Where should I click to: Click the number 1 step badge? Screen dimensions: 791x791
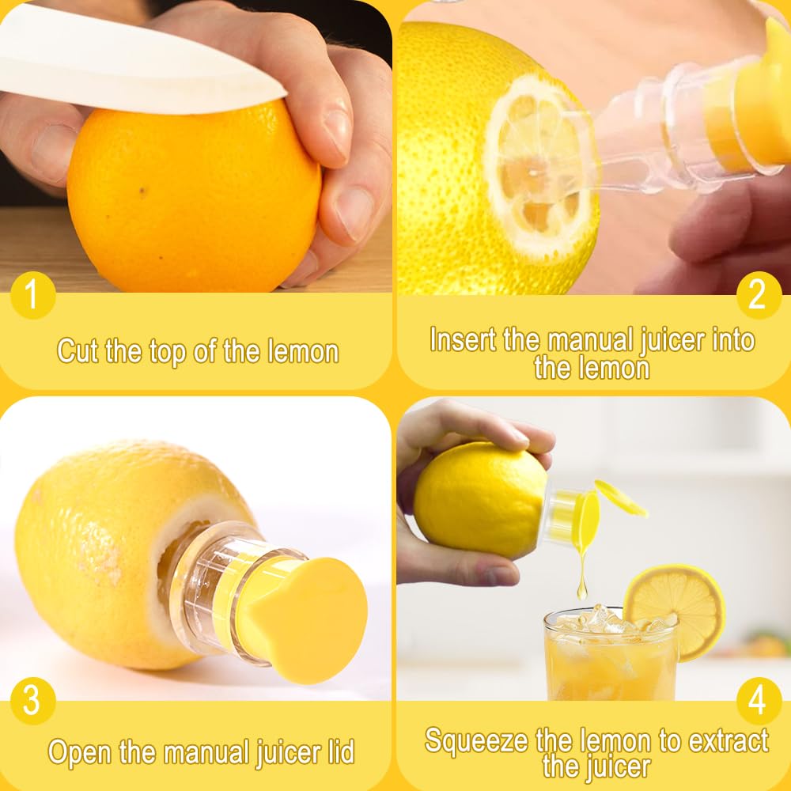click(x=32, y=295)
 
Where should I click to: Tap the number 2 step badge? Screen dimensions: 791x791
click(x=759, y=295)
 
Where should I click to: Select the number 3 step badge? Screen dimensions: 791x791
click(x=32, y=701)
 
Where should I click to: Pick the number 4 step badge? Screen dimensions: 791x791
click(x=759, y=701)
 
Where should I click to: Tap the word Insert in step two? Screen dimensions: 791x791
click(x=463, y=339)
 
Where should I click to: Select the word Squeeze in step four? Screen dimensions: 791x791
click(x=477, y=741)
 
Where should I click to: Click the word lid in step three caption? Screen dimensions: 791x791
click(x=341, y=751)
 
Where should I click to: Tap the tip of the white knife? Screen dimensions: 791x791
click(x=286, y=93)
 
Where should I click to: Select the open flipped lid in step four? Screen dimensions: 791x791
click(x=620, y=498)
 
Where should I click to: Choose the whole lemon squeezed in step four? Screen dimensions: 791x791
click(x=481, y=499)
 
